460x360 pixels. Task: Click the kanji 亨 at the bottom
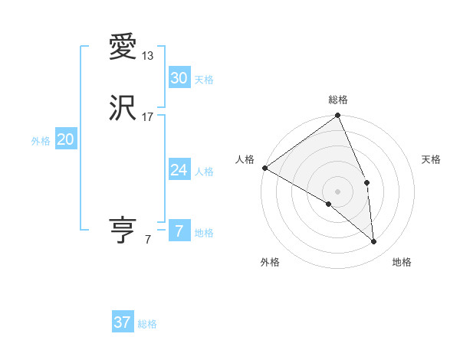point(123,230)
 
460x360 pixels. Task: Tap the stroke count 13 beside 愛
point(148,56)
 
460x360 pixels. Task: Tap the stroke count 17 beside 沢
point(148,117)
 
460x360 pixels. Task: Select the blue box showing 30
point(179,78)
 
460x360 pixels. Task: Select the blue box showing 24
point(179,170)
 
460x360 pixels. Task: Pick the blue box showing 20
point(66,139)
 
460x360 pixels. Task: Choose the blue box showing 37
point(123,322)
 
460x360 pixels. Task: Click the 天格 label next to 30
point(204,80)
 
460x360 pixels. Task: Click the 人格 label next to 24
point(204,172)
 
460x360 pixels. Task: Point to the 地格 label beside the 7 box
point(204,233)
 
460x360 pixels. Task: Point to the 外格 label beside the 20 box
point(41,141)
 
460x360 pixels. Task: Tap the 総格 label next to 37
point(147,324)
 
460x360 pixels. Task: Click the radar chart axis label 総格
point(338,100)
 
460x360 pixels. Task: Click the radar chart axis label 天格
point(432,159)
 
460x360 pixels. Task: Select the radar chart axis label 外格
point(270,262)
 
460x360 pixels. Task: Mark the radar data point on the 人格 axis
point(264,168)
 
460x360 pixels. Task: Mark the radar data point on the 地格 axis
point(374,241)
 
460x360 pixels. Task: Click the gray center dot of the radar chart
point(338,191)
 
